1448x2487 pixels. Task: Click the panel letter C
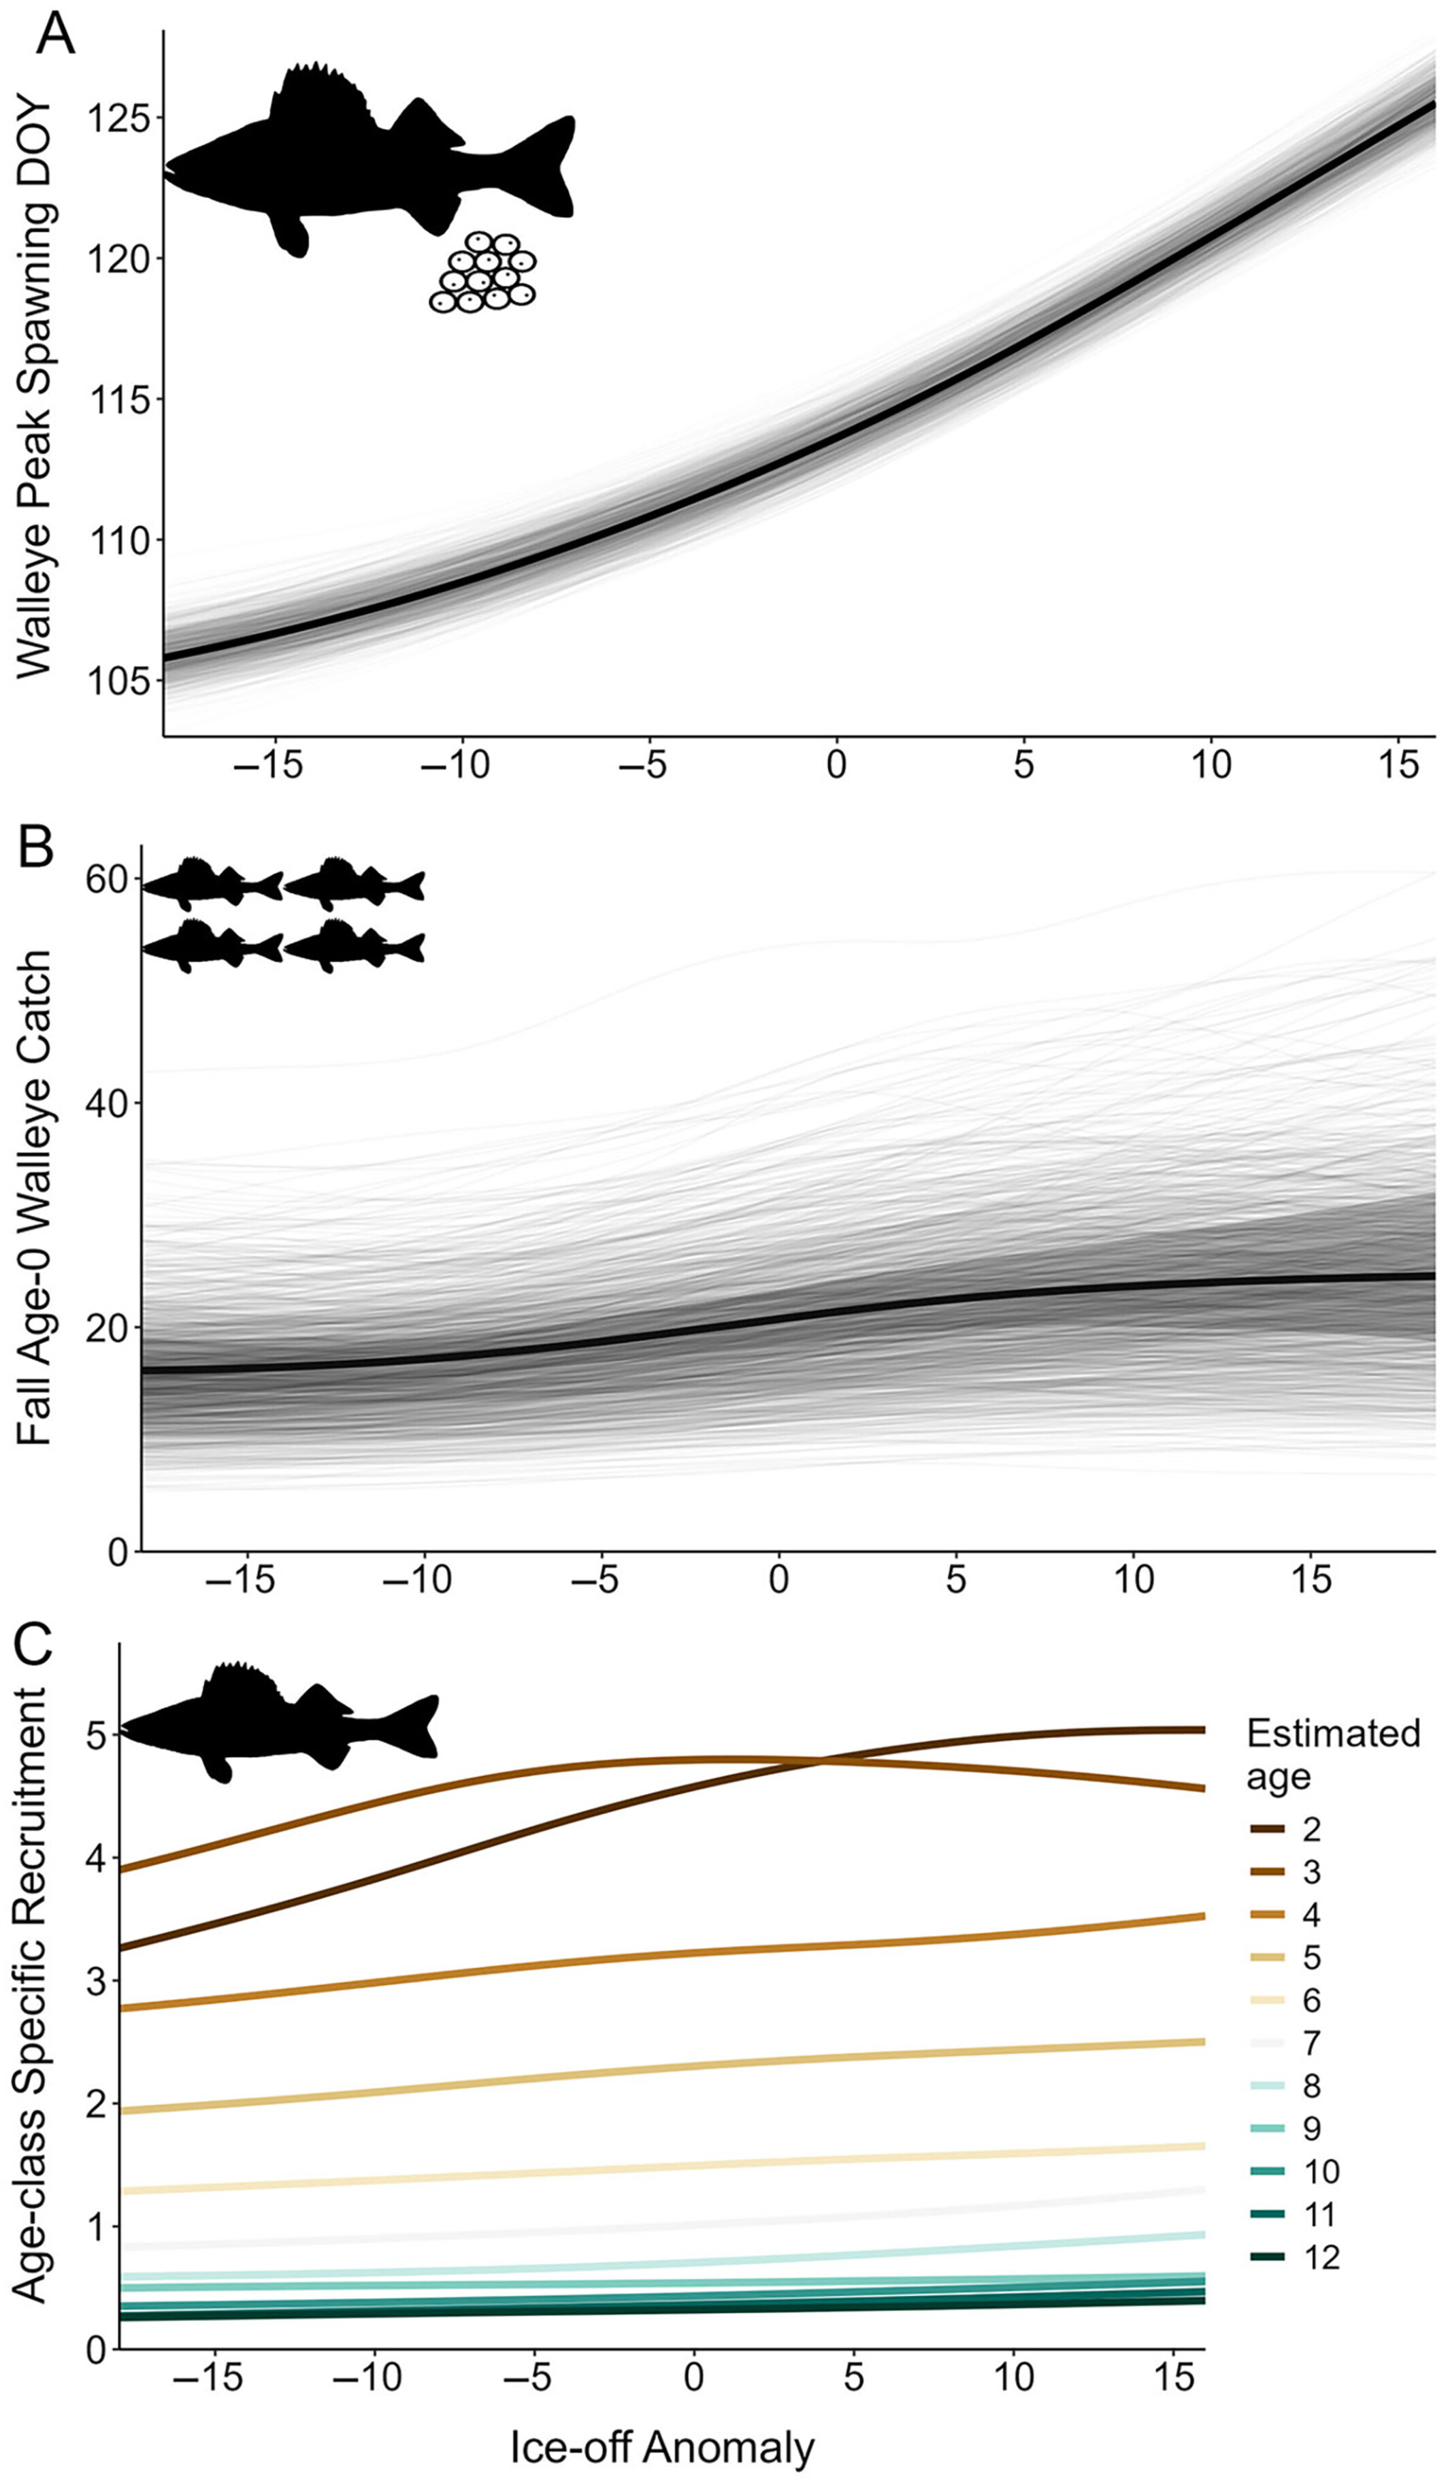[x=35, y=1643]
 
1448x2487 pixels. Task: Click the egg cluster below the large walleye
[x=482, y=274]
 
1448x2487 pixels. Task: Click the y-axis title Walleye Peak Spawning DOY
[x=35, y=385]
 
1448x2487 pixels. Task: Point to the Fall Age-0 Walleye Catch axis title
[x=35, y=1199]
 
